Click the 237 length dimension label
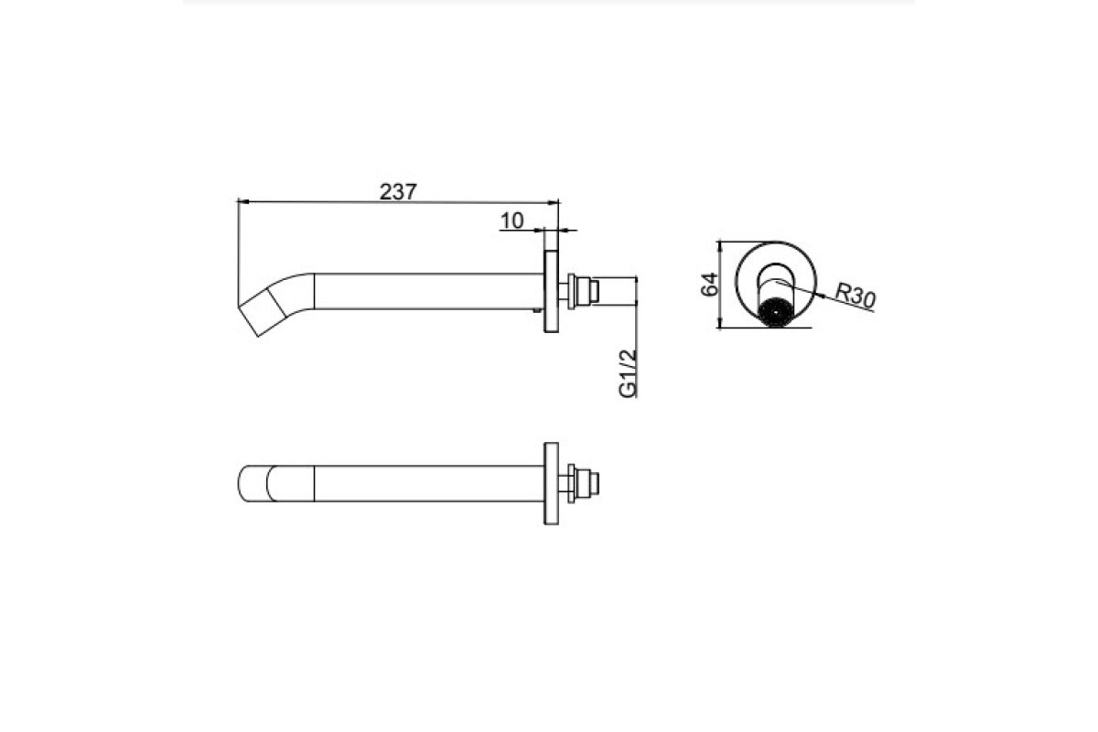coord(398,192)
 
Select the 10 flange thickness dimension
coord(511,221)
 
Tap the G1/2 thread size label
coord(628,373)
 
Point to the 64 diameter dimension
coord(709,285)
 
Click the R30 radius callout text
coord(855,296)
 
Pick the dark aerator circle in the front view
coord(776,312)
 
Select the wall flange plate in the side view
coord(552,292)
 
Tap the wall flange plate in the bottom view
coord(552,483)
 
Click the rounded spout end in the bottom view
coord(255,483)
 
